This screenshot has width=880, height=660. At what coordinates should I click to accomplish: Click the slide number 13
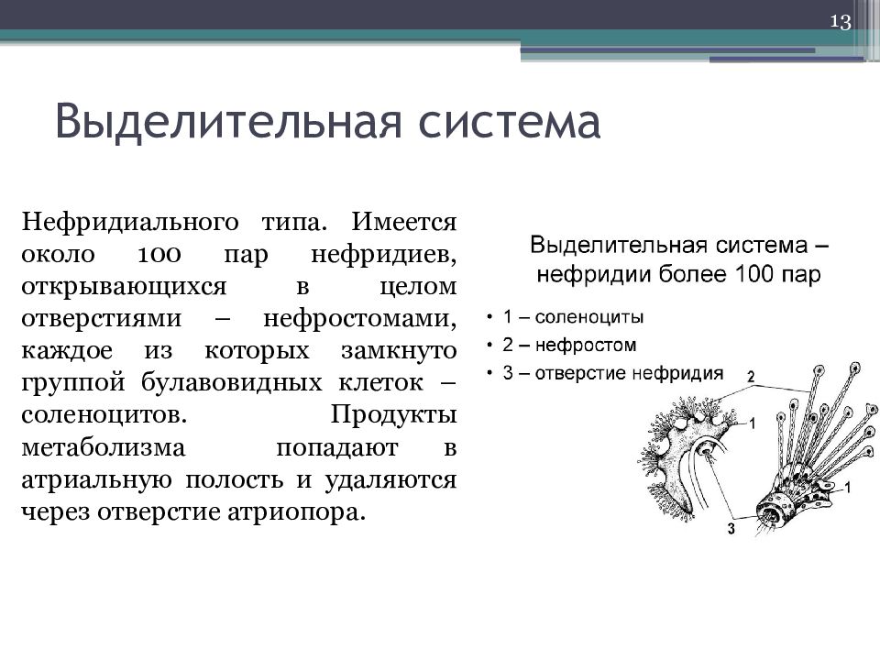click(x=841, y=21)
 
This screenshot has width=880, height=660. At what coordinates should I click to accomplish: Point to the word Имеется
click(x=404, y=222)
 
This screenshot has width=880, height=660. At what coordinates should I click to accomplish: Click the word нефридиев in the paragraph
click(x=384, y=256)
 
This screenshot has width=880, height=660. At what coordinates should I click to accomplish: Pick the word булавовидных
click(x=231, y=383)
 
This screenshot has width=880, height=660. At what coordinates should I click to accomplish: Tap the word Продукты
click(x=393, y=416)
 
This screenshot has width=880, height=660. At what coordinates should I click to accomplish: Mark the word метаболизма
click(x=104, y=448)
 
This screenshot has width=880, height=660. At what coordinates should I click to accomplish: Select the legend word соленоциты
click(x=588, y=318)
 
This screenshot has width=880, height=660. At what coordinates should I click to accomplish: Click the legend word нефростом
click(x=586, y=346)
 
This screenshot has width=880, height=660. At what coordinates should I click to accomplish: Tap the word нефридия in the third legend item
click(x=677, y=373)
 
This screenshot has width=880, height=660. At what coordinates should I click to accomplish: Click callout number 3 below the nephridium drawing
click(x=731, y=529)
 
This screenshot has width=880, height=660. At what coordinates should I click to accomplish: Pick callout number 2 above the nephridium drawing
click(x=751, y=377)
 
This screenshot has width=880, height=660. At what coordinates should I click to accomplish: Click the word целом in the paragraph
click(x=418, y=288)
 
